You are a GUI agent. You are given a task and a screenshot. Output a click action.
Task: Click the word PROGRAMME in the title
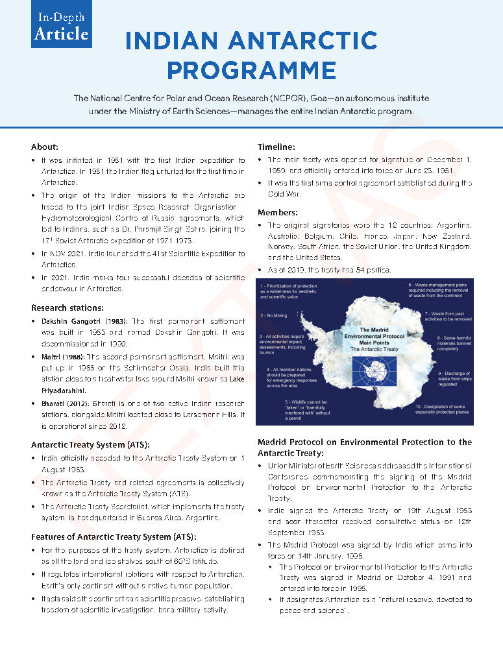tap(251, 69)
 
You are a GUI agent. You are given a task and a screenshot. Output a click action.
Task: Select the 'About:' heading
tap(45, 147)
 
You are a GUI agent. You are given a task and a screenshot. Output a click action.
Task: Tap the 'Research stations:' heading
tap(68, 307)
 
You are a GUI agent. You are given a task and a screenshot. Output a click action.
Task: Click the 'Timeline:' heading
tap(276, 147)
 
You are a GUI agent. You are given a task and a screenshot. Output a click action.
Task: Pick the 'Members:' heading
tap(278, 212)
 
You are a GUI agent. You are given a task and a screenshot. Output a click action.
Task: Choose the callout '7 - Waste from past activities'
tap(439, 317)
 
